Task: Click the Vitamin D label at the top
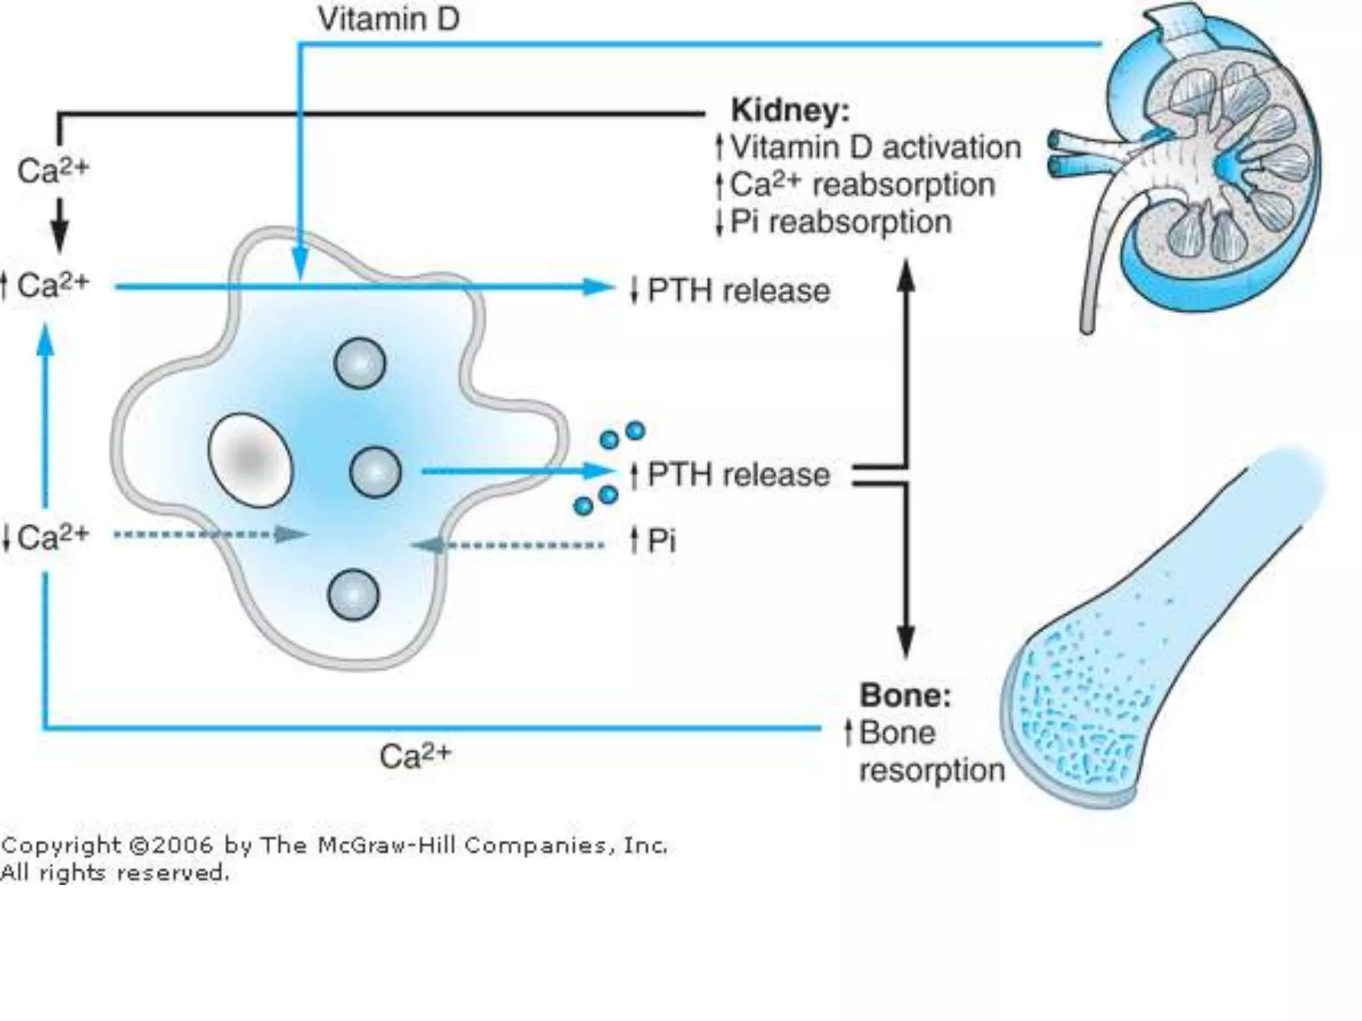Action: pyautogui.click(x=388, y=19)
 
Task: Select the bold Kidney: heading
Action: pyautogui.click(x=790, y=110)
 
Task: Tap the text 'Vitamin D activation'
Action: pyautogui.click(x=875, y=148)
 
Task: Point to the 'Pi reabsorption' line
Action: pyautogui.click(x=841, y=222)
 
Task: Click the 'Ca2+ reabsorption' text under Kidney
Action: pyautogui.click(x=862, y=185)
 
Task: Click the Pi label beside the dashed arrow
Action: pyautogui.click(x=661, y=540)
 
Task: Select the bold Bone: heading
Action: pyautogui.click(x=905, y=695)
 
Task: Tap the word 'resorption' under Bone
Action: pyautogui.click(x=932, y=770)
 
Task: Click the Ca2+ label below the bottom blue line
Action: pyautogui.click(x=415, y=756)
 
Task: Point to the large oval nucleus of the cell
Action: pyautogui.click(x=249, y=460)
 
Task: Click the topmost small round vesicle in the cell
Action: pyautogui.click(x=360, y=363)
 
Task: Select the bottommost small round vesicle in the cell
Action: pyautogui.click(x=353, y=594)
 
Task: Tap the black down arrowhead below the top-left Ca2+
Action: pyautogui.click(x=60, y=233)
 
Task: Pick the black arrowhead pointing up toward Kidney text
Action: pyautogui.click(x=905, y=276)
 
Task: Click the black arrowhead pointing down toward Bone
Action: pyautogui.click(x=905, y=641)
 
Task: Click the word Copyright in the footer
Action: pyautogui.click(x=60, y=846)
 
